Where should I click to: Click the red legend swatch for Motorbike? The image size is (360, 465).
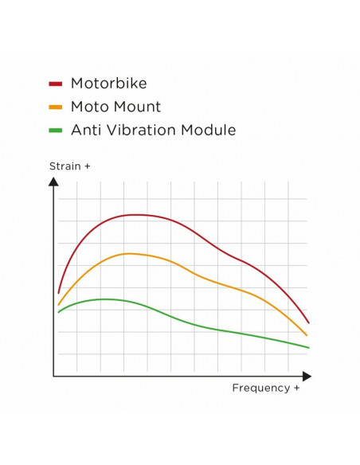tap(56, 83)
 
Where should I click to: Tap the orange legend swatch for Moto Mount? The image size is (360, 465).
tap(56, 107)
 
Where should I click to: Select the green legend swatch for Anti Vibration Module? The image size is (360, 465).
tap(56, 131)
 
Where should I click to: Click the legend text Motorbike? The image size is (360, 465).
tap(108, 83)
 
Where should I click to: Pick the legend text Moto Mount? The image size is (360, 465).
tap(115, 107)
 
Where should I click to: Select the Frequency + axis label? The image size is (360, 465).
tap(266, 388)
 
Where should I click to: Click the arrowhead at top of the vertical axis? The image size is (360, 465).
tap(53, 182)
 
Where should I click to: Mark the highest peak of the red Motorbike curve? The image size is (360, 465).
tap(137, 215)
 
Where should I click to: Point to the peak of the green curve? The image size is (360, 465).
tap(105, 299)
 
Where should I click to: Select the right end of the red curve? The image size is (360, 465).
tap(308, 323)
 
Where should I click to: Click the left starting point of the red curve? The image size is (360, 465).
tap(58, 293)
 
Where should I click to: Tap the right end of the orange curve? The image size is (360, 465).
tap(307, 336)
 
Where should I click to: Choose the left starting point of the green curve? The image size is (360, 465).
tap(58, 312)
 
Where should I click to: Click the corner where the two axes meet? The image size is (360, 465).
tap(53, 376)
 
